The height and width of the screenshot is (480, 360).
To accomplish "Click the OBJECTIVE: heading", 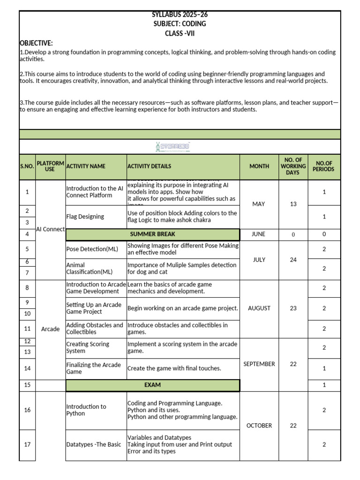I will (36, 43).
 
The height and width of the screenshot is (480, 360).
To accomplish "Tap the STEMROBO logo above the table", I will (172, 147).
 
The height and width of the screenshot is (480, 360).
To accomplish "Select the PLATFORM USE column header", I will (50, 166).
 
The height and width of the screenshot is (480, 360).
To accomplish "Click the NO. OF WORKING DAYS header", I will (293, 166).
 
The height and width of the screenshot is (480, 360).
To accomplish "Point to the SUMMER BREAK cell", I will (152, 234).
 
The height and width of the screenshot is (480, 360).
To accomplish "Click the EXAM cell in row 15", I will (152, 385).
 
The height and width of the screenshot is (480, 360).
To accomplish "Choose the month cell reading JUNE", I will (258, 234).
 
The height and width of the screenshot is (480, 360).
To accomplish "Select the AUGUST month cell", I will (259, 308).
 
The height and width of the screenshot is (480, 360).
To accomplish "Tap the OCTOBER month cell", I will (259, 426).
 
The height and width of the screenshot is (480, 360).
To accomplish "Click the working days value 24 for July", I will (293, 260).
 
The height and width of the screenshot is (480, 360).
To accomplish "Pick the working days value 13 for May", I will (293, 204).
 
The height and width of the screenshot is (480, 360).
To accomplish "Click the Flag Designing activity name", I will (85, 217).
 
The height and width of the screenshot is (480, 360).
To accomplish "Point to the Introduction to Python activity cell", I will (86, 410).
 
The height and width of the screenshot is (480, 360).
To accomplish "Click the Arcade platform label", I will (50, 329).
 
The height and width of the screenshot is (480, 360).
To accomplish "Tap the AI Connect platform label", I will (50, 229).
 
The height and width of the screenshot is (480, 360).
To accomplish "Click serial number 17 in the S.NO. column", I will (27, 444).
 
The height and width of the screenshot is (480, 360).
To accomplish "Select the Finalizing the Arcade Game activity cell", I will (94, 368).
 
